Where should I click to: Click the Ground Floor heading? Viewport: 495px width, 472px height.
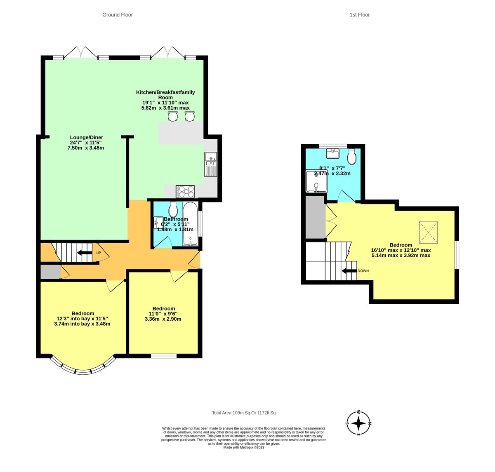pos(118,15)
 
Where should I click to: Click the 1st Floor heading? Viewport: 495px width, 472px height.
pos(359,15)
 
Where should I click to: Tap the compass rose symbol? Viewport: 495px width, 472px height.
pos(358,423)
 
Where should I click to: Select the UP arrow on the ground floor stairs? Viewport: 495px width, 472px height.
pos(85,253)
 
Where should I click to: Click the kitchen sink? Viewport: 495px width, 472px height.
pos(210,164)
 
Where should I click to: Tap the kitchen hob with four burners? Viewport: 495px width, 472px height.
pos(185,192)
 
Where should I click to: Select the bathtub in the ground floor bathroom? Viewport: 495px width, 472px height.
pos(190,224)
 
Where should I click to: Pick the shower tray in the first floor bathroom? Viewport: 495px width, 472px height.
pos(316,182)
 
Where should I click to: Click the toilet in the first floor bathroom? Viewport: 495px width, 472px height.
pos(352,156)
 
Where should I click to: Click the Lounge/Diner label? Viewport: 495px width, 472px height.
pos(86,137)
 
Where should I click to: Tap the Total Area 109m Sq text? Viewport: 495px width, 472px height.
pos(243,413)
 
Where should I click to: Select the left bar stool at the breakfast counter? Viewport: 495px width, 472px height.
pos(172,117)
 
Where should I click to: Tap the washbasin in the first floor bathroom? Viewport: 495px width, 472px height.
pos(332,154)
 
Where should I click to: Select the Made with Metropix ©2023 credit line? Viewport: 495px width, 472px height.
pos(243,447)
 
